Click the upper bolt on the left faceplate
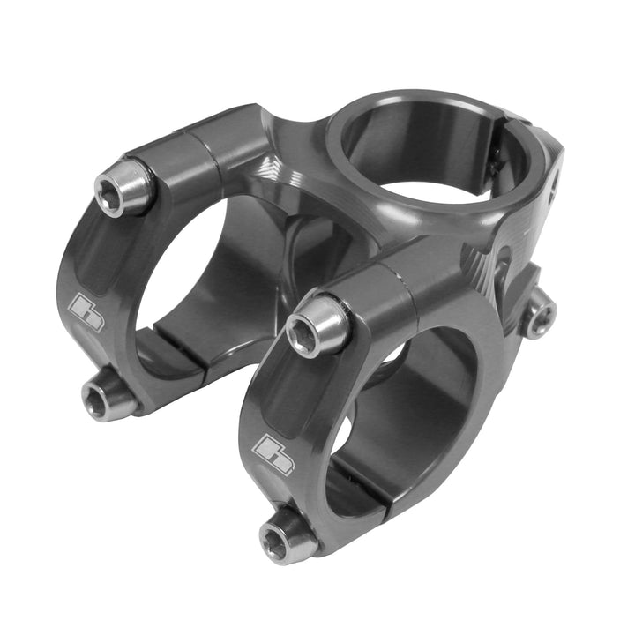pos(124,187)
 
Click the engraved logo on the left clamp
pos(86,312)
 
